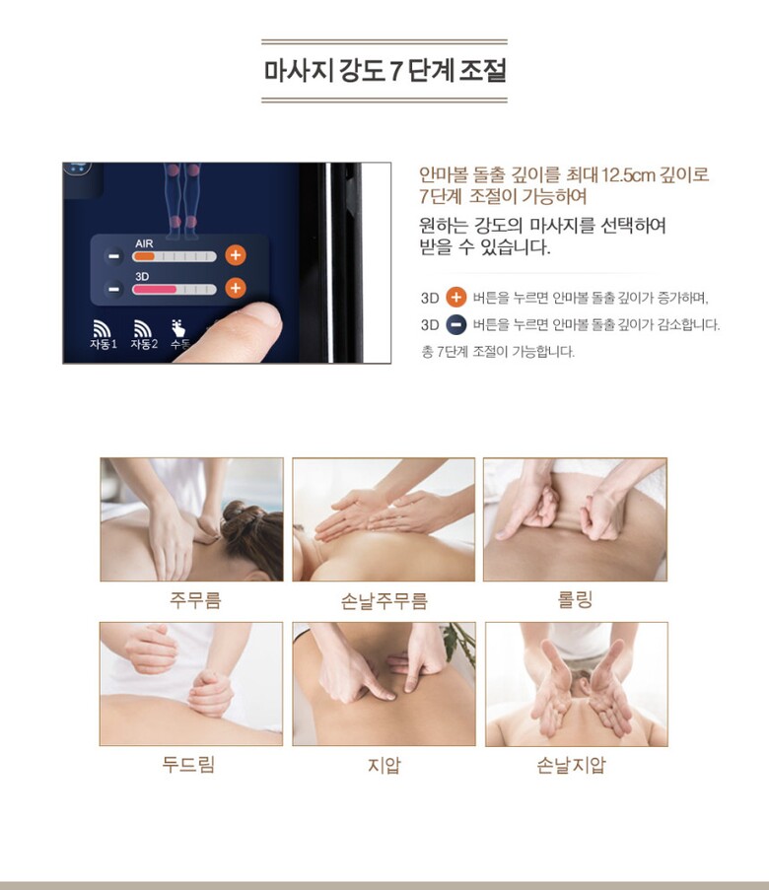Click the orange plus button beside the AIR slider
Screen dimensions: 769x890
pos(235,255)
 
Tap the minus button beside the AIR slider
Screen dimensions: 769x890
pos(114,256)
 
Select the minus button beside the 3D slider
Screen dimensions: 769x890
pos(114,289)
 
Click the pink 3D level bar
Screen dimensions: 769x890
pos(154,290)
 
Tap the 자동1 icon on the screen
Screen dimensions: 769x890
pos(103,334)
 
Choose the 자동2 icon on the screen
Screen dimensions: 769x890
pos(144,334)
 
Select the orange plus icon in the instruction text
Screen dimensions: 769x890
pos(455,297)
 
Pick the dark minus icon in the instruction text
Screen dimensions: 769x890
pos(455,324)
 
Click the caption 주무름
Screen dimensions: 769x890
pos(195,599)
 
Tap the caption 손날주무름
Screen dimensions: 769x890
pos(384,600)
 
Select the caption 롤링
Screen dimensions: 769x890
pos(576,599)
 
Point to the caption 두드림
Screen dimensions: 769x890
pos(188,764)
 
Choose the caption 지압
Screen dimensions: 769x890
pos(384,765)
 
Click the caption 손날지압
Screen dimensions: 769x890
pos(572,765)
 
